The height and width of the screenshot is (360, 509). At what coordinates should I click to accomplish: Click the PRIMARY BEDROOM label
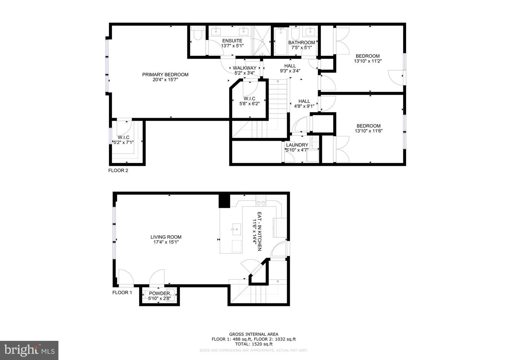(x=165, y=75)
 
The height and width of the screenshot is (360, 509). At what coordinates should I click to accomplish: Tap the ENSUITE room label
(x=232, y=41)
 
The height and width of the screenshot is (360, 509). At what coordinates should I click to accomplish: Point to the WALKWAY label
(x=245, y=68)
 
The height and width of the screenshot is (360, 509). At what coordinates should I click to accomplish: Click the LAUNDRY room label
(x=297, y=145)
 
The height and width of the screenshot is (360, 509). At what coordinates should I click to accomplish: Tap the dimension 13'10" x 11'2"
(x=368, y=61)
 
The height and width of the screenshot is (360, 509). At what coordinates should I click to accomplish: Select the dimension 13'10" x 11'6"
(x=368, y=131)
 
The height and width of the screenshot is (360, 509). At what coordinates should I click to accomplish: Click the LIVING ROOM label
(x=166, y=237)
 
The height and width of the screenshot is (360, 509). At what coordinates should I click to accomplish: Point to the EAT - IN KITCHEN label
(x=259, y=232)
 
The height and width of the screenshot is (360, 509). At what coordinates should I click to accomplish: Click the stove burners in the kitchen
(x=261, y=202)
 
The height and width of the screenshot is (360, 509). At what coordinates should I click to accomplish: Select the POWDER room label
(x=159, y=294)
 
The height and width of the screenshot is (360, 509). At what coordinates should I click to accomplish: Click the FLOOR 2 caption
(x=118, y=170)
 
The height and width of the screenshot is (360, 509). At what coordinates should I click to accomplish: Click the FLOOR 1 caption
(x=122, y=292)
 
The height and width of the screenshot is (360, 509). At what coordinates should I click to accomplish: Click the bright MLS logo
(x=29, y=350)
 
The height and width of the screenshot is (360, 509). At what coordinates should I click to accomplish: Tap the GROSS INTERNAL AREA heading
(x=253, y=334)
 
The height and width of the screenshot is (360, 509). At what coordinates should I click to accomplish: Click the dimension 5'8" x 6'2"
(x=249, y=104)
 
